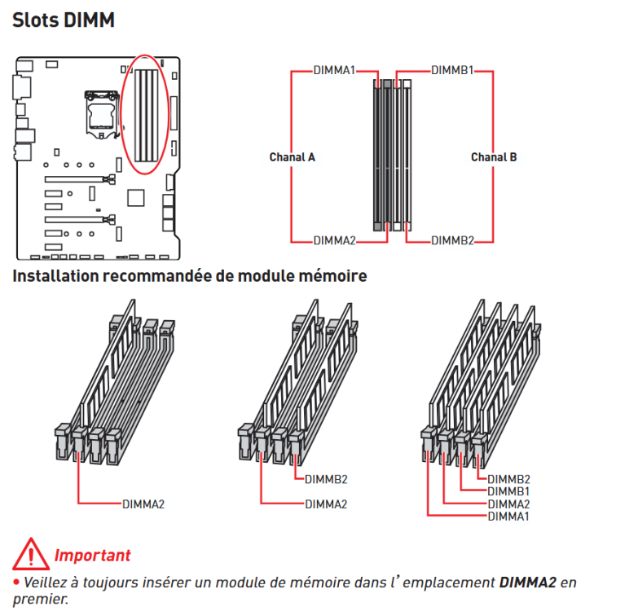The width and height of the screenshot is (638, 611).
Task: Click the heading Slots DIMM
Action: click(x=64, y=20)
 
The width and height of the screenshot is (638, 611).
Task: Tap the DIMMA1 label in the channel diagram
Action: click(x=334, y=70)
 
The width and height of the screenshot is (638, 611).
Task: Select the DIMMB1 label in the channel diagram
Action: click(x=452, y=70)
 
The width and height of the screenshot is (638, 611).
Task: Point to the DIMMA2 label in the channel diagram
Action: click(x=334, y=241)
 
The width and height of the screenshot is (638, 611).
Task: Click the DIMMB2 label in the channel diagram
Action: click(x=452, y=241)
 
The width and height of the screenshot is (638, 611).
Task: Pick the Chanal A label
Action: click(x=293, y=157)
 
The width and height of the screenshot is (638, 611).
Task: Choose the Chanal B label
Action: click(x=494, y=157)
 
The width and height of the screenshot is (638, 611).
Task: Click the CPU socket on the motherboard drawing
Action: click(x=101, y=115)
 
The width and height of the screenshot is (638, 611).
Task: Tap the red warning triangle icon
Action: click(x=31, y=554)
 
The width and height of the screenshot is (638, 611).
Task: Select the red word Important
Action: click(x=92, y=556)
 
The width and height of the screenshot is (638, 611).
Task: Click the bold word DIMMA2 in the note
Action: click(x=527, y=582)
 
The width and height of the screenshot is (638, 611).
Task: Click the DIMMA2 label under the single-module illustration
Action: click(x=143, y=504)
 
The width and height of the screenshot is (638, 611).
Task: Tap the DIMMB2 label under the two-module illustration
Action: click(x=326, y=480)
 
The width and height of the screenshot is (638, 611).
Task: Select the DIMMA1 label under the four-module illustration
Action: click(x=508, y=516)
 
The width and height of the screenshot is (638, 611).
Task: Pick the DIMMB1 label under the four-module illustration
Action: click(x=508, y=491)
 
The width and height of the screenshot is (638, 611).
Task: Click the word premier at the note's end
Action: click(x=41, y=600)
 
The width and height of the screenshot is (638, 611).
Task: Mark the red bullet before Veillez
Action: click(x=16, y=582)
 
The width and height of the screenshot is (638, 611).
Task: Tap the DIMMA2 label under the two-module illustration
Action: click(x=326, y=504)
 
